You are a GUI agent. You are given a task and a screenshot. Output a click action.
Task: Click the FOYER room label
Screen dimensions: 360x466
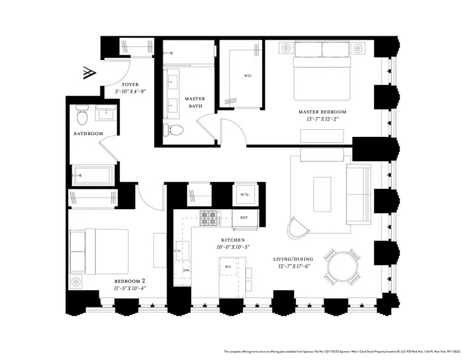click(x=127, y=84)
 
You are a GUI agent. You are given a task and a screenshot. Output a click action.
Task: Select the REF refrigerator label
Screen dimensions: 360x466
click(x=244, y=218)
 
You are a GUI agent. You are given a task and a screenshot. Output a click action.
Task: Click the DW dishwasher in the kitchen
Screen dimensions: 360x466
click(x=186, y=270)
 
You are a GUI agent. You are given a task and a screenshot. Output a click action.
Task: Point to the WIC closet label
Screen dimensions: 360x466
click(x=247, y=76)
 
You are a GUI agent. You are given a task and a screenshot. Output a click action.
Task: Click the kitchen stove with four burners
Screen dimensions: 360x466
click(x=209, y=218)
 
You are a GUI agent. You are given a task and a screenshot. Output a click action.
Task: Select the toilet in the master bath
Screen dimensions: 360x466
click(x=174, y=129)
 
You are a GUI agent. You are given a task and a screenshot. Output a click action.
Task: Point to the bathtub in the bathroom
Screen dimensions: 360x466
click(x=92, y=174)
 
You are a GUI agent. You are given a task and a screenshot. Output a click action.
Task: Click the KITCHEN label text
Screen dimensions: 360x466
click(x=232, y=240)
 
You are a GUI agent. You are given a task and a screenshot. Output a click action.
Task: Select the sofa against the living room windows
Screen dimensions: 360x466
click(x=358, y=193)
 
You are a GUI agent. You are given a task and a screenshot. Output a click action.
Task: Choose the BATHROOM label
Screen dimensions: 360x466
click(x=88, y=134)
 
